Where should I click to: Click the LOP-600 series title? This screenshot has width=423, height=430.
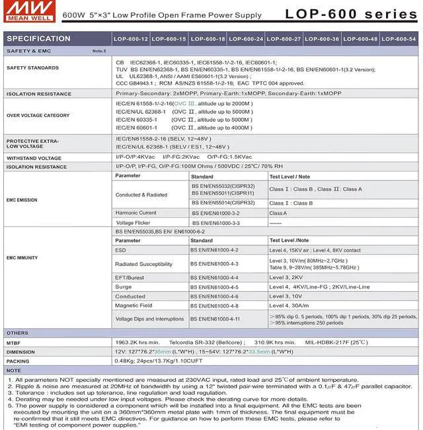point(350,14)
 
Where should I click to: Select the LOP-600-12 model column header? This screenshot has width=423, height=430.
point(130,39)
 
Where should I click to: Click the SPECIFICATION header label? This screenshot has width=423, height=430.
point(38,38)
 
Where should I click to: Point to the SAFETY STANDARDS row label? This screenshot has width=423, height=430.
point(32,68)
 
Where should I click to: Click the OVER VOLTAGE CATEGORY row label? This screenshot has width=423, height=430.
point(38,116)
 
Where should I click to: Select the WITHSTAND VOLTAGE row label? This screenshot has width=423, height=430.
point(34,158)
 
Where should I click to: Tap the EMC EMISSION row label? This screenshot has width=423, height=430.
point(22,200)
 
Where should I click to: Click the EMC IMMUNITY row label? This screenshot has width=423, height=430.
point(22,258)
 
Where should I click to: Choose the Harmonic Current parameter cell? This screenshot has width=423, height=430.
point(135,213)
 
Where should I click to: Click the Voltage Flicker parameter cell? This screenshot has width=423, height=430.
point(134,223)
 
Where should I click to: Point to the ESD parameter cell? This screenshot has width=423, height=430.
point(120,251)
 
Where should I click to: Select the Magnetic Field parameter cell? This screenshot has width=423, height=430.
point(134,306)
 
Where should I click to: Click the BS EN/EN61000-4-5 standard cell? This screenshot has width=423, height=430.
point(215,287)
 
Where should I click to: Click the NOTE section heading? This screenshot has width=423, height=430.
point(14,370)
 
